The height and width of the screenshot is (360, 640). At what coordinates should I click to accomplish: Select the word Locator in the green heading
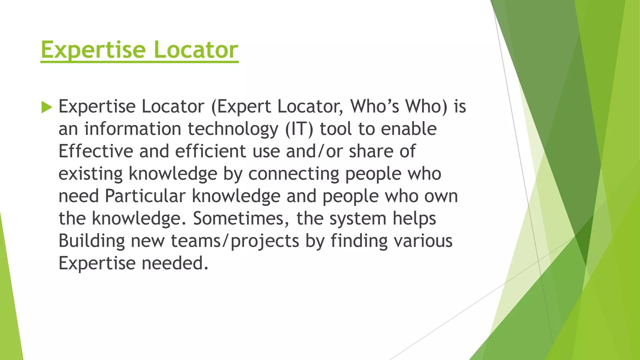point(196,50)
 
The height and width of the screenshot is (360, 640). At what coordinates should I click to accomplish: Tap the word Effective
point(96,151)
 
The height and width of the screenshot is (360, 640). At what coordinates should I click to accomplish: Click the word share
point(371,151)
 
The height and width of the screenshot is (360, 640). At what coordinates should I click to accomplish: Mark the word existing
point(91,174)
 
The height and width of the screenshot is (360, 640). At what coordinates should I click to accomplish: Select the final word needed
point(175,263)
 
